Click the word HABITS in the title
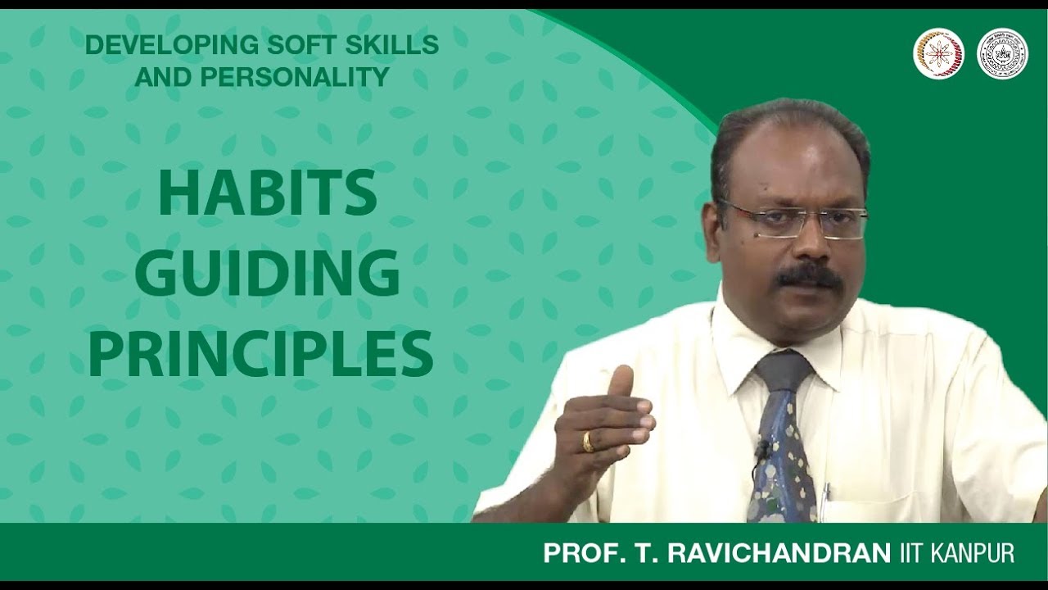coord(267,195)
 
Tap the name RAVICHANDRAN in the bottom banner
coord(779,553)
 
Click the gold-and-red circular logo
coord(938,54)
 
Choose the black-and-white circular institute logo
coord(1002,54)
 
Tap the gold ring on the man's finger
coord(588,442)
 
